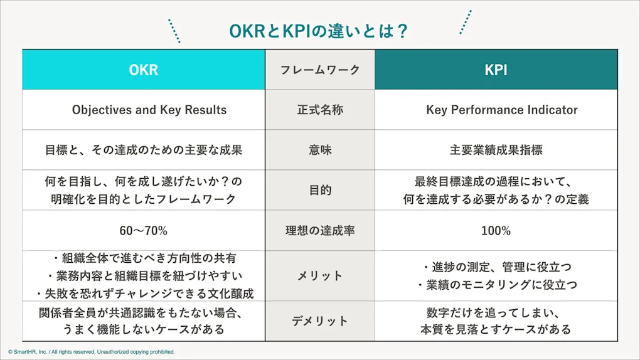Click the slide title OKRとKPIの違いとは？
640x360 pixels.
pyautogui.click(x=319, y=31)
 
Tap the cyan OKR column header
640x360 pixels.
pyautogui.click(x=143, y=70)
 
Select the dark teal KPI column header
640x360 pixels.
pyautogui.click(x=496, y=70)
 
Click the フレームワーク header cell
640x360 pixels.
pyautogui.click(x=320, y=70)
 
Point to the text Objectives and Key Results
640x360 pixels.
pyautogui.click(x=149, y=110)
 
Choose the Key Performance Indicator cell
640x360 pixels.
pyautogui.click(x=501, y=110)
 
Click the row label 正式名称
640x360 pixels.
pyautogui.click(x=320, y=110)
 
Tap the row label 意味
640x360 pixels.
pyautogui.click(x=320, y=150)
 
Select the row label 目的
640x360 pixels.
pyautogui.click(x=320, y=190)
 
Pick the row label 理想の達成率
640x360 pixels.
pyautogui.click(x=320, y=230)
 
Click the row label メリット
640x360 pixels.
pyautogui.click(x=320, y=276)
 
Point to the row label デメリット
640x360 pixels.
pyautogui.click(x=320, y=321)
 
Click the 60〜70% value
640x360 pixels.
pyautogui.click(x=143, y=230)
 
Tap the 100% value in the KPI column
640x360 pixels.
pyautogui.click(x=496, y=230)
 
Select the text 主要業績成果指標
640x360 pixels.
pyautogui.click(x=496, y=150)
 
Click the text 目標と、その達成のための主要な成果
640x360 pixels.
pyautogui.click(x=143, y=150)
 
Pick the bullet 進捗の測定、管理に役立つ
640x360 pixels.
pyautogui.click(x=496, y=267)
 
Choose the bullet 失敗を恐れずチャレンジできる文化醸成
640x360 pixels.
pyautogui.click(x=146, y=293)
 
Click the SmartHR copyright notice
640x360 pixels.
pyautogui.click(x=92, y=352)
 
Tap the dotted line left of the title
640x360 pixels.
pyautogui.click(x=174, y=31)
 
